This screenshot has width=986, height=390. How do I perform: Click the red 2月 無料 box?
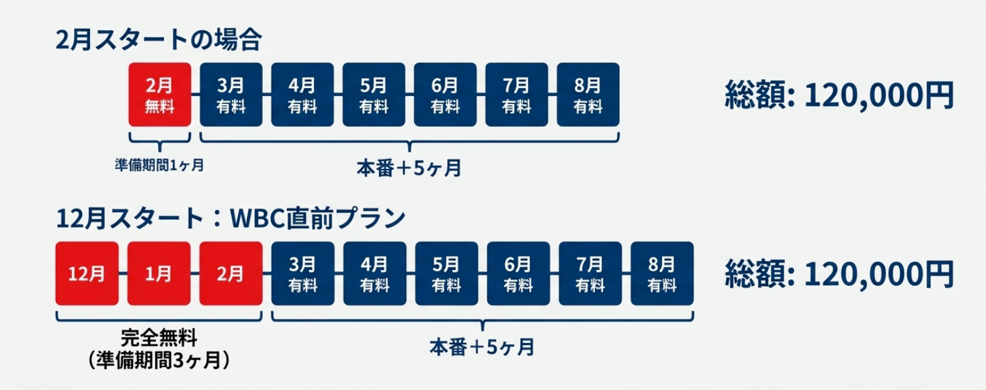point(159,95)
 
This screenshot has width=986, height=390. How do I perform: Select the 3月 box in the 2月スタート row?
point(231,95)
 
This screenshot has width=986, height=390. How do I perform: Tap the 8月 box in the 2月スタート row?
point(588,95)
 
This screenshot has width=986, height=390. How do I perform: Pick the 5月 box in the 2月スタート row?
point(374,95)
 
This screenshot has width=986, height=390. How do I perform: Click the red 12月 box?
point(87,274)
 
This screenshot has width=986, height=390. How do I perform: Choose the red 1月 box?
point(159,274)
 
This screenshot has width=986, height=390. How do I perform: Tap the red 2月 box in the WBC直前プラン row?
point(231,274)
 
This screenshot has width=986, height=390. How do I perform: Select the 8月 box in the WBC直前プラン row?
point(662,274)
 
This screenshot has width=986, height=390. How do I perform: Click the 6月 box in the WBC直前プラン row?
point(518,274)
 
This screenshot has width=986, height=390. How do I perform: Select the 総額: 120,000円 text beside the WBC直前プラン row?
point(839,274)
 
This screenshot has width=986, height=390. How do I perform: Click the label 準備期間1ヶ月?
point(159,165)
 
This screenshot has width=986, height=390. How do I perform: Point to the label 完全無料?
point(159,336)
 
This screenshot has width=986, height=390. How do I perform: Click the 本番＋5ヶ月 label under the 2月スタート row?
point(409,168)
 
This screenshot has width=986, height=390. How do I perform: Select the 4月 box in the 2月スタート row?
point(302,95)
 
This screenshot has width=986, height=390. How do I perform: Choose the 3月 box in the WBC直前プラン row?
point(302,274)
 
